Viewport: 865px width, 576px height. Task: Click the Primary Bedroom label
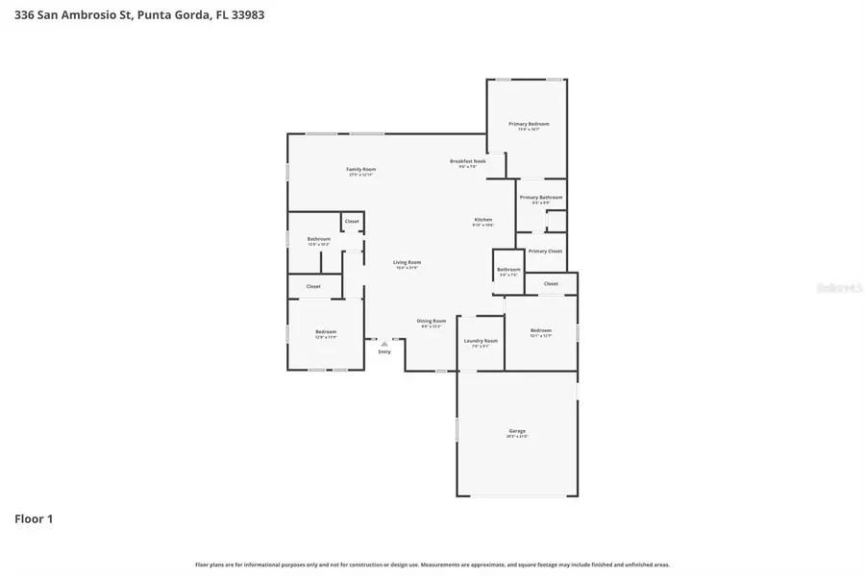(529, 125)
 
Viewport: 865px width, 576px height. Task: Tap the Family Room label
(360, 170)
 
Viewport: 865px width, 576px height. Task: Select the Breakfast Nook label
(467, 161)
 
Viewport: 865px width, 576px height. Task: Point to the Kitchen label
(482, 221)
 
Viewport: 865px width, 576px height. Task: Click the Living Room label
(407, 263)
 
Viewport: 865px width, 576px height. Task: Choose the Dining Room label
(431, 322)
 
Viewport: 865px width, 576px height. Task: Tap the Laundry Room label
(481, 342)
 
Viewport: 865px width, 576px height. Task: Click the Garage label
(517, 432)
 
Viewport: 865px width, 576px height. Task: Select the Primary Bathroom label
(541, 198)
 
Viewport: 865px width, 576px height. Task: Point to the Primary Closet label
(545, 252)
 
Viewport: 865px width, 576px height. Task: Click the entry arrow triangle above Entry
(384, 343)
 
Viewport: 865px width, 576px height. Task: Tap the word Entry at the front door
(384, 351)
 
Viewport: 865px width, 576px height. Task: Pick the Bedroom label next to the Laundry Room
(541, 331)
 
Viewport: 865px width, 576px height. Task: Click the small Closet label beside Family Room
(352, 222)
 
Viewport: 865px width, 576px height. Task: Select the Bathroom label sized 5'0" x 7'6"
(508, 270)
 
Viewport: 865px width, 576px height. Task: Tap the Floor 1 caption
(34, 518)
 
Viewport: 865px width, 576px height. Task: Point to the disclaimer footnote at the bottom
(432, 564)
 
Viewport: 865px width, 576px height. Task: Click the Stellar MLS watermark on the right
(838, 286)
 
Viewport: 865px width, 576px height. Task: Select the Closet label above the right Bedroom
(551, 284)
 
